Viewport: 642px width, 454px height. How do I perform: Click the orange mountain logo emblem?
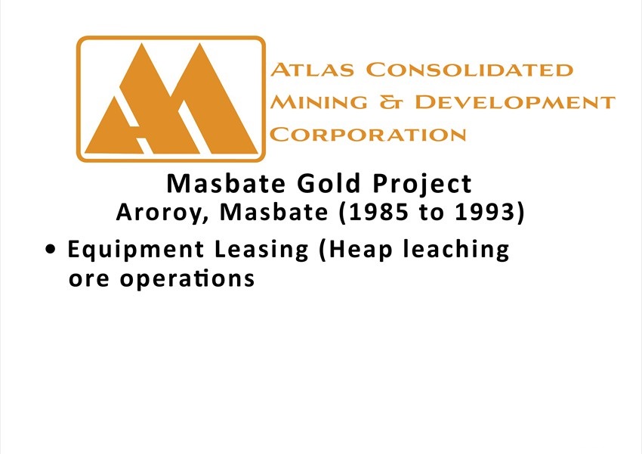[171, 99]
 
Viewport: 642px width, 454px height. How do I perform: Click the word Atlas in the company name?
[312, 70]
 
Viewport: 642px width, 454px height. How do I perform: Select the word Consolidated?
[469, 70]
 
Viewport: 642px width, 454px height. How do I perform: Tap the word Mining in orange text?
[319, 102]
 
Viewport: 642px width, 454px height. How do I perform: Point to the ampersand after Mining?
[391, 102]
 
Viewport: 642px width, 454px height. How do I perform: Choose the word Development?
[515, 102]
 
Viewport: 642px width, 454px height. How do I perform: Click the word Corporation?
[368, 135]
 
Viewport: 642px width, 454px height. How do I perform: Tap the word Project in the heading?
[422, 185]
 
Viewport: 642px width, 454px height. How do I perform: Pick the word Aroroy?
[162, 213]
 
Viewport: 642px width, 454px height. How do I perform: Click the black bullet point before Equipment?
[51, 250]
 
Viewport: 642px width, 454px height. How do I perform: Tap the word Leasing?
[261, 250]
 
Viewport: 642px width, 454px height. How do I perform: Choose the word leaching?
[456, 250]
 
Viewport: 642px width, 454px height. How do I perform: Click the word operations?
[187, 279]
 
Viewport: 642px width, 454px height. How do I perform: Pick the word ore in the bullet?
[89, 280]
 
